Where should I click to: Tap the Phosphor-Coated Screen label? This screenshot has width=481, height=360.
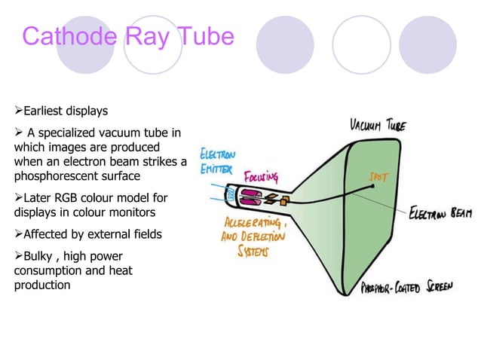tap(406, 288)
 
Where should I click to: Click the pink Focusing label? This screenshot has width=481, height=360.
tap(261, 178)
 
